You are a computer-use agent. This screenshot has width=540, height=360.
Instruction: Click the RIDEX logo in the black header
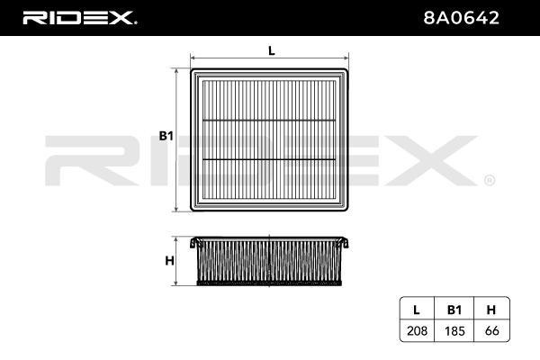[x=79, y=18]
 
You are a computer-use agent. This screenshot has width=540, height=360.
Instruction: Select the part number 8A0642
[x=461, y=18]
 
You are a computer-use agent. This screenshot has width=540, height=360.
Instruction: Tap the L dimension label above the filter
[x=272, y=51]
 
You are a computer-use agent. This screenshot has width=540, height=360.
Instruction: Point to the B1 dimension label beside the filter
[x=166, y=136]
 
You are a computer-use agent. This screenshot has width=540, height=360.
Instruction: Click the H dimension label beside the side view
[x=169, y=261]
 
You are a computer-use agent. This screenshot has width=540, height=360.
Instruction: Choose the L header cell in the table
[x=417, y=310]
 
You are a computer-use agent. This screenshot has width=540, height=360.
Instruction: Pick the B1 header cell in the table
[x=454, y=310]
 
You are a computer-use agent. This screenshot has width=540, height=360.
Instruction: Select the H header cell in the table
[x=491, y=310]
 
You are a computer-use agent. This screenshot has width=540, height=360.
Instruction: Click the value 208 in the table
[x=417, y=330]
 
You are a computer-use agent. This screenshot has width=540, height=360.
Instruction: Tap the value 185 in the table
[x=454, y=330]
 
